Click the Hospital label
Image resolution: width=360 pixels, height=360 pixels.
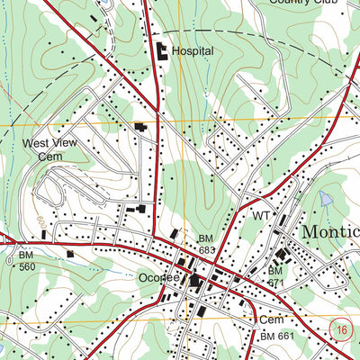(193, 51)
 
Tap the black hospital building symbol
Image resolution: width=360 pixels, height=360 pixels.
(163, 51)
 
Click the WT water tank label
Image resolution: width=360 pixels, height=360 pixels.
(261, 216)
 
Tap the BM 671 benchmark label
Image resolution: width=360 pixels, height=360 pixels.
(274, 276)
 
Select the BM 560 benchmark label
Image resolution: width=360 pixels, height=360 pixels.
(27, 261)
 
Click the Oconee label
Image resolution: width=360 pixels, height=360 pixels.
(156, 278)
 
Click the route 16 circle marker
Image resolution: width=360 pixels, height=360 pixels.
(339, 330)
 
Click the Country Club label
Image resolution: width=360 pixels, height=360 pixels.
(301, 3)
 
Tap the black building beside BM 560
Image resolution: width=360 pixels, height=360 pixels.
(69, 255)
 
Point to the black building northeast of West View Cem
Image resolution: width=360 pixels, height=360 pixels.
(140, 128)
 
